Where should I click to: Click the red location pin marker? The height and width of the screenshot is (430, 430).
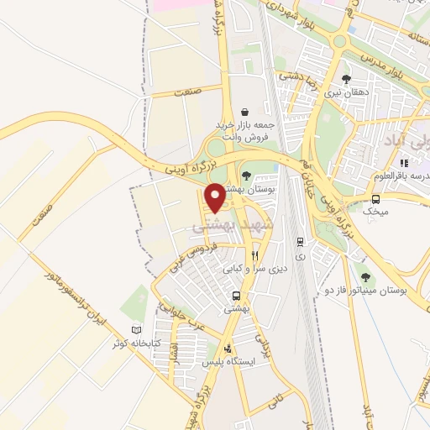point(215,197)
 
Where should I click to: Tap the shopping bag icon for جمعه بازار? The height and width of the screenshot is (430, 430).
point(244,112)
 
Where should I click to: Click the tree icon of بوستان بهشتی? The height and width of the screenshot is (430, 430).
point(245,176)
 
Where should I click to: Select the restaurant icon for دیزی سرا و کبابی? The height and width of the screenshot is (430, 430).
point(254,255)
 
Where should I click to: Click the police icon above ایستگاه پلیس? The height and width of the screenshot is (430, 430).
point(227,348)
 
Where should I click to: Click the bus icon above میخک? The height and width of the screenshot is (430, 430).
point(375,199)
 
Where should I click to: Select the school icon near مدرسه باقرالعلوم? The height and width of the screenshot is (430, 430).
point(404,162)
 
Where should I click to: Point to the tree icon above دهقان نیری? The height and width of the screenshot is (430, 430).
point(346,79)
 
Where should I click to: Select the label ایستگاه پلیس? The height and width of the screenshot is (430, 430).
point(228,362)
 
